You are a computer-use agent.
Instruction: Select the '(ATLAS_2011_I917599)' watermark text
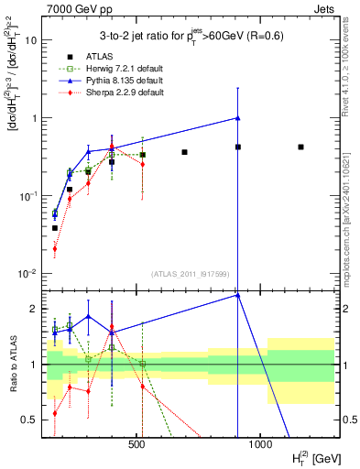pos(191,273)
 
